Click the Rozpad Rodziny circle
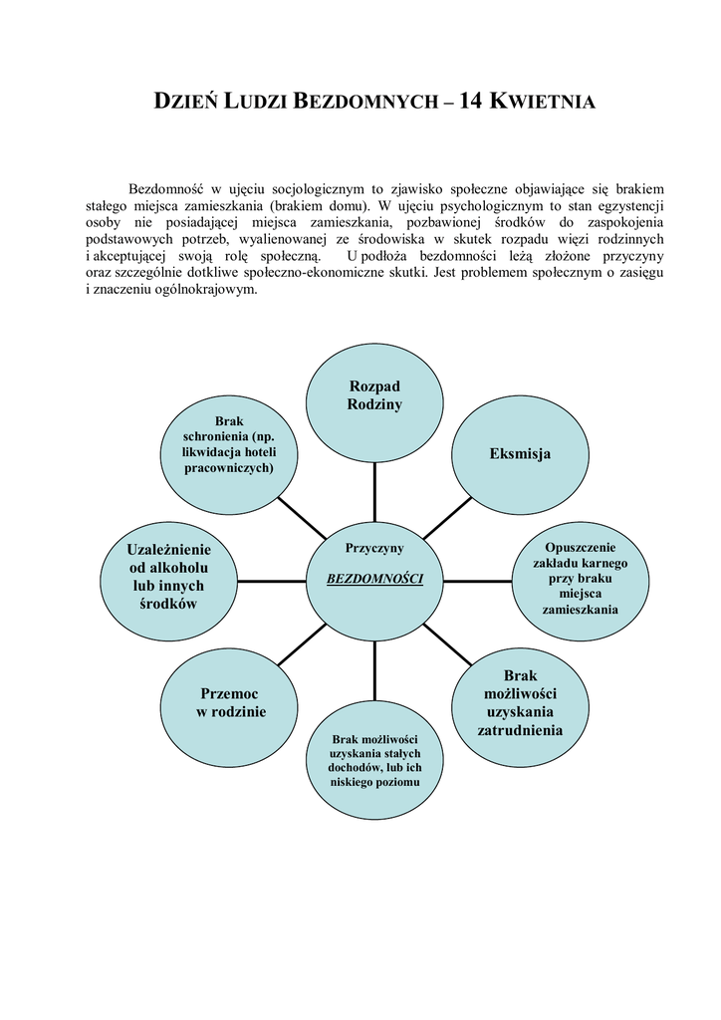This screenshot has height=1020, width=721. [x=374, y=395]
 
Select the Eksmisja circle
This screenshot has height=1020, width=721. [x=520, y=453]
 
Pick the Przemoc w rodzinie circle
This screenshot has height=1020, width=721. [x=232, y=702]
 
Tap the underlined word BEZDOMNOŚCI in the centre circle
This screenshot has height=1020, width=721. [x=374, y=579]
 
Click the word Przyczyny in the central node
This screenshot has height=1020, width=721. [x=374, y=547]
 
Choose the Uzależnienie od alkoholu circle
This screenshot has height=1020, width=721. [x=170, y=577]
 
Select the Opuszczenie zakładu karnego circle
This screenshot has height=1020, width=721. [x=582, y=579]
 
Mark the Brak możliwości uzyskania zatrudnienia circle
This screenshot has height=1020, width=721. [x=520, y=702]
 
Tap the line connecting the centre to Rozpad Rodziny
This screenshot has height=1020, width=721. [x=374, y=492]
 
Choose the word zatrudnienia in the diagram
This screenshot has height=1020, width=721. [x=520, y=730]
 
